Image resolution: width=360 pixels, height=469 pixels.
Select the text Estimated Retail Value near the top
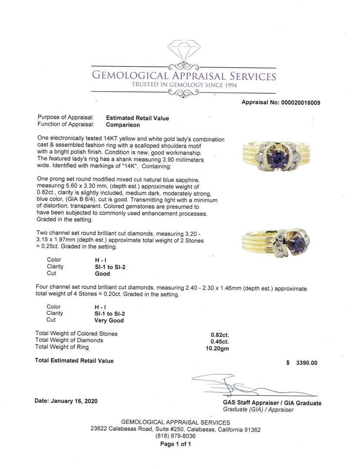(x=137, y=118)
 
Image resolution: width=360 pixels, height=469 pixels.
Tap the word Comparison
(x=123, y=125)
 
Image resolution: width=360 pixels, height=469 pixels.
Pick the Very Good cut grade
(x=109, y=320)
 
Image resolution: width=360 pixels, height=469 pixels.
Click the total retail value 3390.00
(x=307, y=363)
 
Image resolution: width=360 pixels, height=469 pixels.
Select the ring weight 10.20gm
(x=217, y=348)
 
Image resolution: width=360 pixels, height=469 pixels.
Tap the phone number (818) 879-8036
(x=175, y=436)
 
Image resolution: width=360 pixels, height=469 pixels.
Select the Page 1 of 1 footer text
(x=175, y=444)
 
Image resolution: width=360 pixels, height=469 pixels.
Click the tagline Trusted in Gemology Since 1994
(x=184, y=85)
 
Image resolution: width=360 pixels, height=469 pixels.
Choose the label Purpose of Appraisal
(x=66, y=118)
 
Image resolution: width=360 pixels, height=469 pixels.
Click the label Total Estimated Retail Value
(x=74, y=361)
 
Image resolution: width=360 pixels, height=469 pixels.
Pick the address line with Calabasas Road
(x=175, y=429)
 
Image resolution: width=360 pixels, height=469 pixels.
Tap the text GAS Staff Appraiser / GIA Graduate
(x=272, y=403)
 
